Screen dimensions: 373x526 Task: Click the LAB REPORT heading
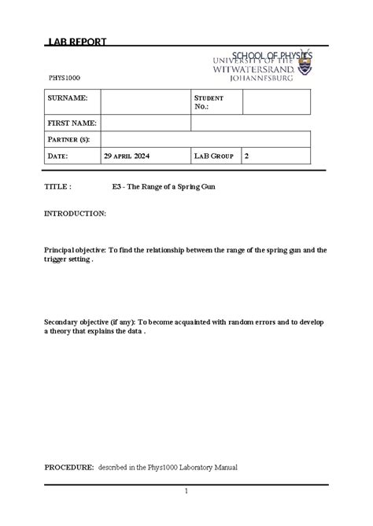(x=78, y=42)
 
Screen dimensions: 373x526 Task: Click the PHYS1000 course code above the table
(x=65, y=79)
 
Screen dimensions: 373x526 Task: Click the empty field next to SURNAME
(x=146, y=101)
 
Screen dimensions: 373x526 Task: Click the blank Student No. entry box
(x=277, y=101)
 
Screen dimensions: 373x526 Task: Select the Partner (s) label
(x=68, y=139)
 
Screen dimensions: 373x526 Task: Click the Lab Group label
(x=214, y=156)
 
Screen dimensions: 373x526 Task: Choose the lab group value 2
(x=247, y=156)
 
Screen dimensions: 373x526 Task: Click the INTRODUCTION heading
(x=75, y=213)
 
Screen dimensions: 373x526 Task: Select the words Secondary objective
(x=76, y=322)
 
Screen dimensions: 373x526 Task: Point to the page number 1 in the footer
(x=186, y=491)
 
